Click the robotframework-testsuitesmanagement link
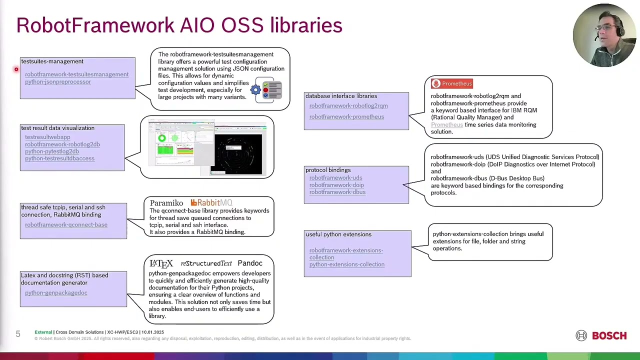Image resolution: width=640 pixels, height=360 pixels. point(76,74)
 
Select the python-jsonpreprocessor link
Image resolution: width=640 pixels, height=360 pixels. point(58,82)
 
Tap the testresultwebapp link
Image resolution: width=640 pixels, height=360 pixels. point(47,137)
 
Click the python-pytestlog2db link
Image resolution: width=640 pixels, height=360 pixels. point(52,151)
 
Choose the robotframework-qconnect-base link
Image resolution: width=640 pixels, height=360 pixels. point(66,225)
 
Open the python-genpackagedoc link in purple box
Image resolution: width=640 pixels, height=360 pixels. point(56,293)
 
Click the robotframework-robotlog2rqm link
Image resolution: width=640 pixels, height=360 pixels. point(348,106)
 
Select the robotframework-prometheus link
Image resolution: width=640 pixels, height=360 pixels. point(346,117)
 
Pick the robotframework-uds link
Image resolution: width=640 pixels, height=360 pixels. point(335,178)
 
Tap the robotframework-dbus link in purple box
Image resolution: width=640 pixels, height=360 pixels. point(337,192)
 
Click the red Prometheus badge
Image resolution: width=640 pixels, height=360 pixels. point(452,84)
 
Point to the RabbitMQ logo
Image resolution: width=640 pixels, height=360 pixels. point(211,203)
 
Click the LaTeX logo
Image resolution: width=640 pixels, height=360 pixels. point(161,263)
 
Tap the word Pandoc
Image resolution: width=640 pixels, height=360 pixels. point(250,263)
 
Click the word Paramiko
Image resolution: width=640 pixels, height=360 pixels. point(166,203)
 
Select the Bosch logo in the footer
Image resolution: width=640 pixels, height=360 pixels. point(601,336)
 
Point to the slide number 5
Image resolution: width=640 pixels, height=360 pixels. point(18,334)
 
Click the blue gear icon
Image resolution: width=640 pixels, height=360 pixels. point(255,90)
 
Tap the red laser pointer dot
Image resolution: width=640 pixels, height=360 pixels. point(16,69)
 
